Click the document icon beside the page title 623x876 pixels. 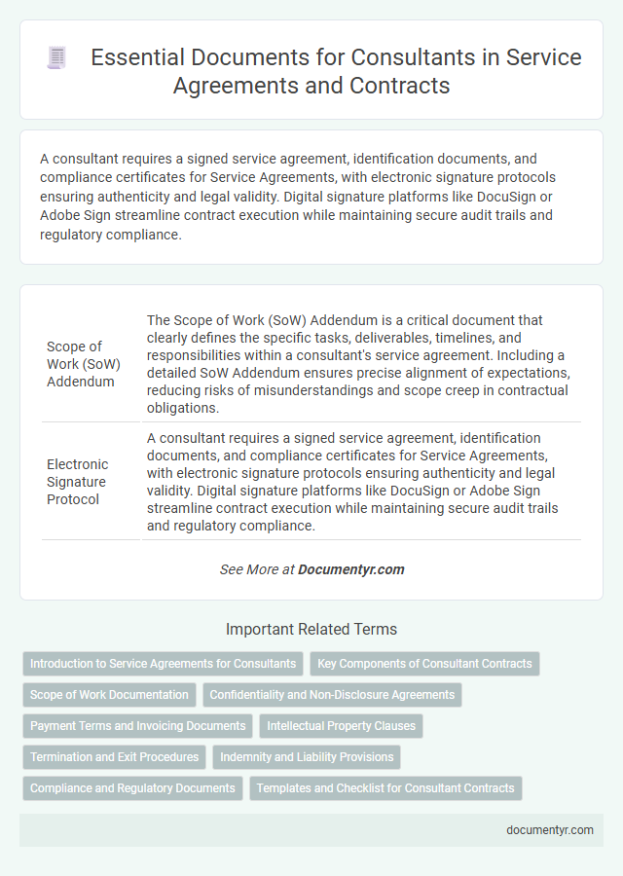(x=56, y=58)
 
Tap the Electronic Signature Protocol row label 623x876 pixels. (x=78, y=481)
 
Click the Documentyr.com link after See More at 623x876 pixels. (x=351, y=569)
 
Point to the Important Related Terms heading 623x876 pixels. (x=311, y=629)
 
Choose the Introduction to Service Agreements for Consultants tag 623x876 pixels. (x=163, y=664)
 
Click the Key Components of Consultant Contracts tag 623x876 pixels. (x=424, y=664)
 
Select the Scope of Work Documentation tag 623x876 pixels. (x=109, y=695)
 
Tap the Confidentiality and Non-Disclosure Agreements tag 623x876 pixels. (x=332, y=695)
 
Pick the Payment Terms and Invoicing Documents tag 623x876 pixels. (x=137, y=726)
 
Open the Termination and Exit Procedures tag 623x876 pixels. (x=114, y=757)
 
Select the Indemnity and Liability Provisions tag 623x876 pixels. (x=307, y=757)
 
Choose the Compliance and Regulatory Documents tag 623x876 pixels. (x=132, y=788)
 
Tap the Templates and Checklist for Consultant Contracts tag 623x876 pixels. (x=385, y=788)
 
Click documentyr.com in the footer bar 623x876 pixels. (x=550, y=830)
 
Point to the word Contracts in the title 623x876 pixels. (x=397, y=85)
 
